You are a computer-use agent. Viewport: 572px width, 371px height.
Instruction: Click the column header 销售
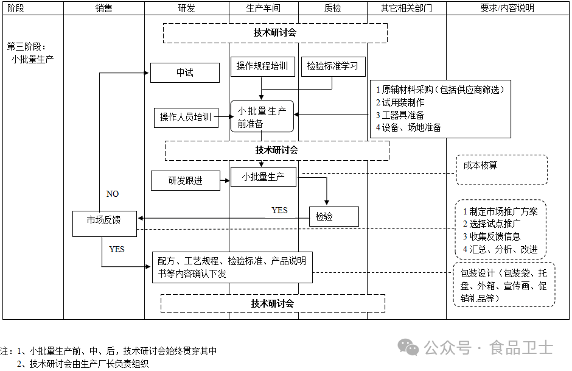(103, 9)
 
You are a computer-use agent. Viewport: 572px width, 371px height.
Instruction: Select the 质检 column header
(333, 9)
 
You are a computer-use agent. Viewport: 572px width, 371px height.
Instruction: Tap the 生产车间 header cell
(263, 9)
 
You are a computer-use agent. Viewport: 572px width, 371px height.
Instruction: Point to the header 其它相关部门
(406, 9)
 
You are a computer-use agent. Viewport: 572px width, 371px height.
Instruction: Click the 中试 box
(184, 73)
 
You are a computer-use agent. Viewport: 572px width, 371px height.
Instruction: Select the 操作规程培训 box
(262, 66)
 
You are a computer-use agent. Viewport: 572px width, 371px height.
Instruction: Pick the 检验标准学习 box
(332, 66)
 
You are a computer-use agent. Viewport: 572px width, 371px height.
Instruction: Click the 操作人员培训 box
(186, 118)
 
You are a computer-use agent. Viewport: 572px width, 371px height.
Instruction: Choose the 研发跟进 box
(186, 180)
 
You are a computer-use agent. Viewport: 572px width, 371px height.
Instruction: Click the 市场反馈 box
(103, 220)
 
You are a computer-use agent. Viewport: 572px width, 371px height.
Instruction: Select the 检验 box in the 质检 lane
(333, 216)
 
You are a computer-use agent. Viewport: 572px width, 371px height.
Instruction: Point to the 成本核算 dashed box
(501, 170)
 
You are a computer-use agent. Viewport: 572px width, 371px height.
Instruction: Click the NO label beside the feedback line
(113, 194)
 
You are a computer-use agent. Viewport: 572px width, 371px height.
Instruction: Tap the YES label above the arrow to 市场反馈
(279, 210)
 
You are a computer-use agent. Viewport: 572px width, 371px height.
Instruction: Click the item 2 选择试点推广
(491, 224)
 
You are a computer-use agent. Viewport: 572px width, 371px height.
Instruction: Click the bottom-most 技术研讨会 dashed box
(273, 303)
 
